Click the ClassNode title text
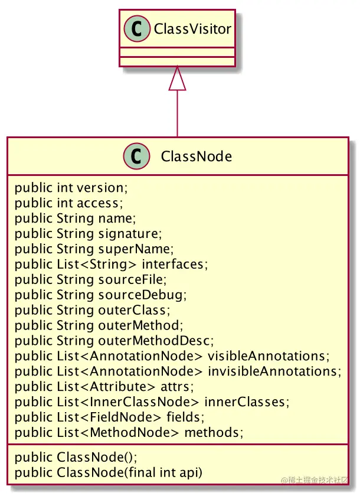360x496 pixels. [196, 156]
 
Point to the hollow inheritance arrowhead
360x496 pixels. [177, 80]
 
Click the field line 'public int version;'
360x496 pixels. [71, 188]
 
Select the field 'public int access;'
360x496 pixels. [68, 204]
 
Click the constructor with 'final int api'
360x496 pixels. [108, 472]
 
